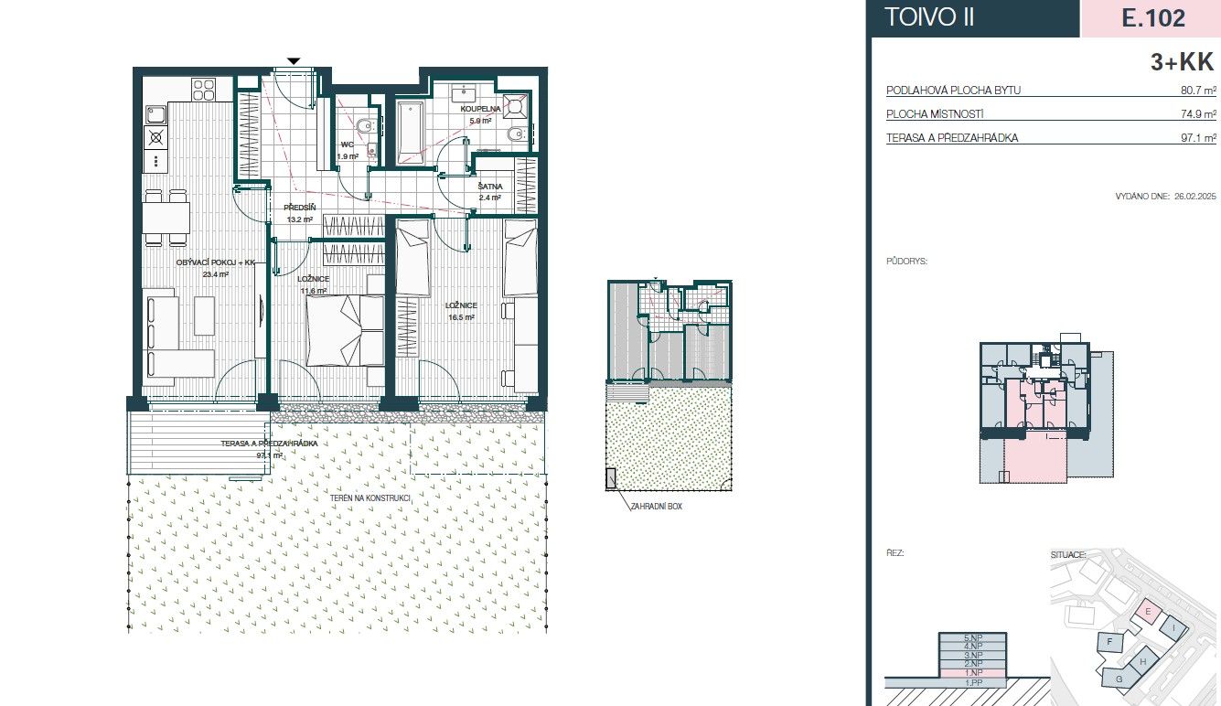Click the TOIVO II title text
929,17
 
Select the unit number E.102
1151,17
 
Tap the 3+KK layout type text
1182,62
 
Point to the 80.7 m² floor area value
1198,91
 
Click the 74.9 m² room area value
1198,114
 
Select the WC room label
348,144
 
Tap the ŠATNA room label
489,186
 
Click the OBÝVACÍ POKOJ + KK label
215,262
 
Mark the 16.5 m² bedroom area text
461,317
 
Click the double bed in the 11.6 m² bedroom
345,331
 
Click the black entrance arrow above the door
293,61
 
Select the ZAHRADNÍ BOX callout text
657,506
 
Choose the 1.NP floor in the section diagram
972,672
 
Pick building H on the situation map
1142,662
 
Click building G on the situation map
1119,679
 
